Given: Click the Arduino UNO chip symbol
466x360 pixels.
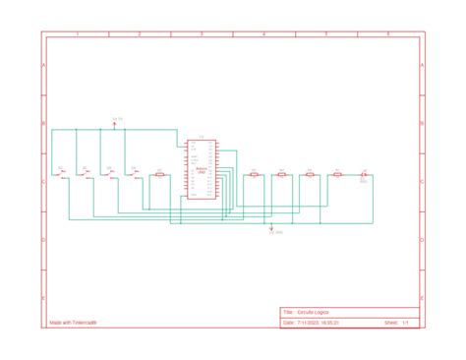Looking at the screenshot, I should [x=201, y=169].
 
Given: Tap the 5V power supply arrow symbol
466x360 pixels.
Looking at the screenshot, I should [x=114, y=125].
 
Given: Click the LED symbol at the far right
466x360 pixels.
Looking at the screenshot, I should [x=364, y=175].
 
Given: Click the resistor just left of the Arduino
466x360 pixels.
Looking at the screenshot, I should [x=158, y=175].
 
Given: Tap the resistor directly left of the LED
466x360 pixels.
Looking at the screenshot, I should [x=337, y=175].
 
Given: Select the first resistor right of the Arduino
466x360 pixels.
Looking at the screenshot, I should [x=254, y=175].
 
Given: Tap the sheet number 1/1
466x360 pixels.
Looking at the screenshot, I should [x=404, y=322].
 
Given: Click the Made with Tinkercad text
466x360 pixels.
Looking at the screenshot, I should [x=73, y=322].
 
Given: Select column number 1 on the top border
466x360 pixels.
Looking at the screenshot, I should [x=78, y=34].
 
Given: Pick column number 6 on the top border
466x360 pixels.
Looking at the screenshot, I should [x=388, y=34].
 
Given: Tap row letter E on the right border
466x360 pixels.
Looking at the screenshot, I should [x=423, y=296].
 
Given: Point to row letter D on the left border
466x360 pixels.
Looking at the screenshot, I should [x=43, y=240].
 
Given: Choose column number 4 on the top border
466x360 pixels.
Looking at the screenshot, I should [x=263, y=34].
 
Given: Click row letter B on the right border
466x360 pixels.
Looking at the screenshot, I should [x=423, y=125].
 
